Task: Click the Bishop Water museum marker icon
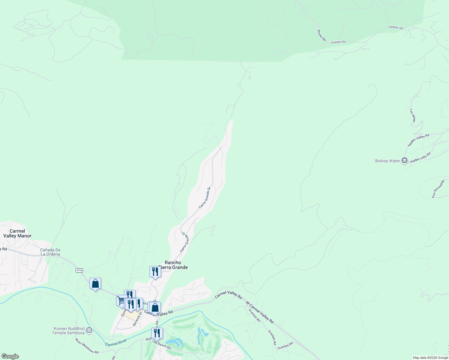coord(405,161)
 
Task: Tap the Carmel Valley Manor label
coord(17,233)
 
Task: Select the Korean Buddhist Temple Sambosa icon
coord(89,331)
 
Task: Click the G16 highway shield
coord(79,270)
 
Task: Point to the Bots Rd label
coord(321,35)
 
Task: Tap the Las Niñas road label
coord(413,115)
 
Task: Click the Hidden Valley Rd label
coord(418,140)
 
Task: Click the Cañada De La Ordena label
coord(50,252)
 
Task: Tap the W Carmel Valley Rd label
coord(260,312)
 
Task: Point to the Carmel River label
coord(116,342)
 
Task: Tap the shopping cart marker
coord(121,300)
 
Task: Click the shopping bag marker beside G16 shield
coord(95,283)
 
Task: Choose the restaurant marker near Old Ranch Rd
coord(157,333)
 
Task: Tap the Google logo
coord(10,356)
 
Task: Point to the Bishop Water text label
coord(387,161)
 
